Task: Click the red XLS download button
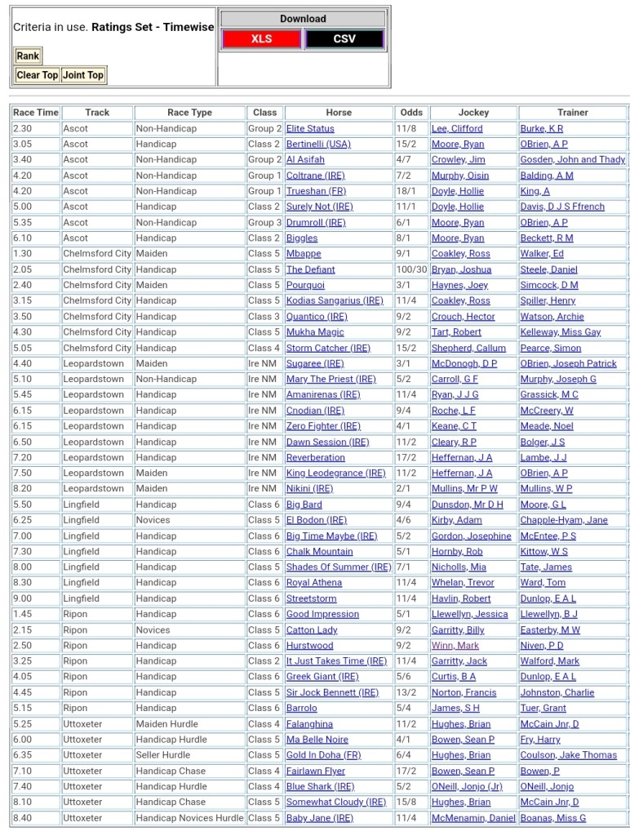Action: pos(261,39)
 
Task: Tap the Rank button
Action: pos(28,56)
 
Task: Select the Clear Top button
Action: pos(38,75)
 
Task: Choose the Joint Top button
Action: pos(83,75)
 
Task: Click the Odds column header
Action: pos(411,113)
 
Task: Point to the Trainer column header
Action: pos(572,113)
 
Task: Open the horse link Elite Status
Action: pos(310,129)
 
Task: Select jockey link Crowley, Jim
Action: pos(458,160)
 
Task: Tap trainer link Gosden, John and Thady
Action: pos(572,160)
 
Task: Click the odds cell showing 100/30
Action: pos(410,269)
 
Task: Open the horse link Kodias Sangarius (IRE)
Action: pos(334,301)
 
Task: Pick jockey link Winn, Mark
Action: pos(455,646)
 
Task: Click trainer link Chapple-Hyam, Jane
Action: pos(564,520)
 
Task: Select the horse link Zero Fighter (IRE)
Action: pos(323,426)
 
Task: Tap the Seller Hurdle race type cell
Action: pos(163,755)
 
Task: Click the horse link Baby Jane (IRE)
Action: pos(319,818)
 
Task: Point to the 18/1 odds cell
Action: pos(406,191)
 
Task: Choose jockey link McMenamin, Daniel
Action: pos(473,818)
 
